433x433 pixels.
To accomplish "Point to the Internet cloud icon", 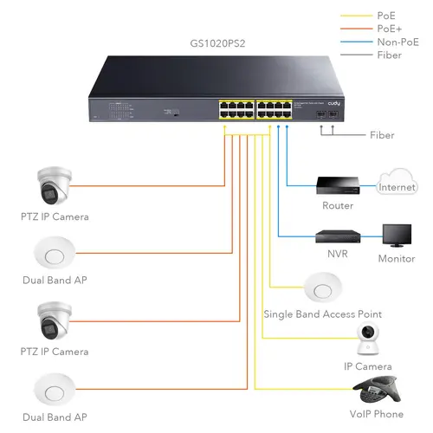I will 397,185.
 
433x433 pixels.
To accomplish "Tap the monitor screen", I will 397,236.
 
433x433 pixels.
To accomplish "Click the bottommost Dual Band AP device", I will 55,388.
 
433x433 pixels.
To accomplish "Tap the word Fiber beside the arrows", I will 382,135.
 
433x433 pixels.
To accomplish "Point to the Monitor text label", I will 397,259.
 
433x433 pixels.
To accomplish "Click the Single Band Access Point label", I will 322,313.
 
